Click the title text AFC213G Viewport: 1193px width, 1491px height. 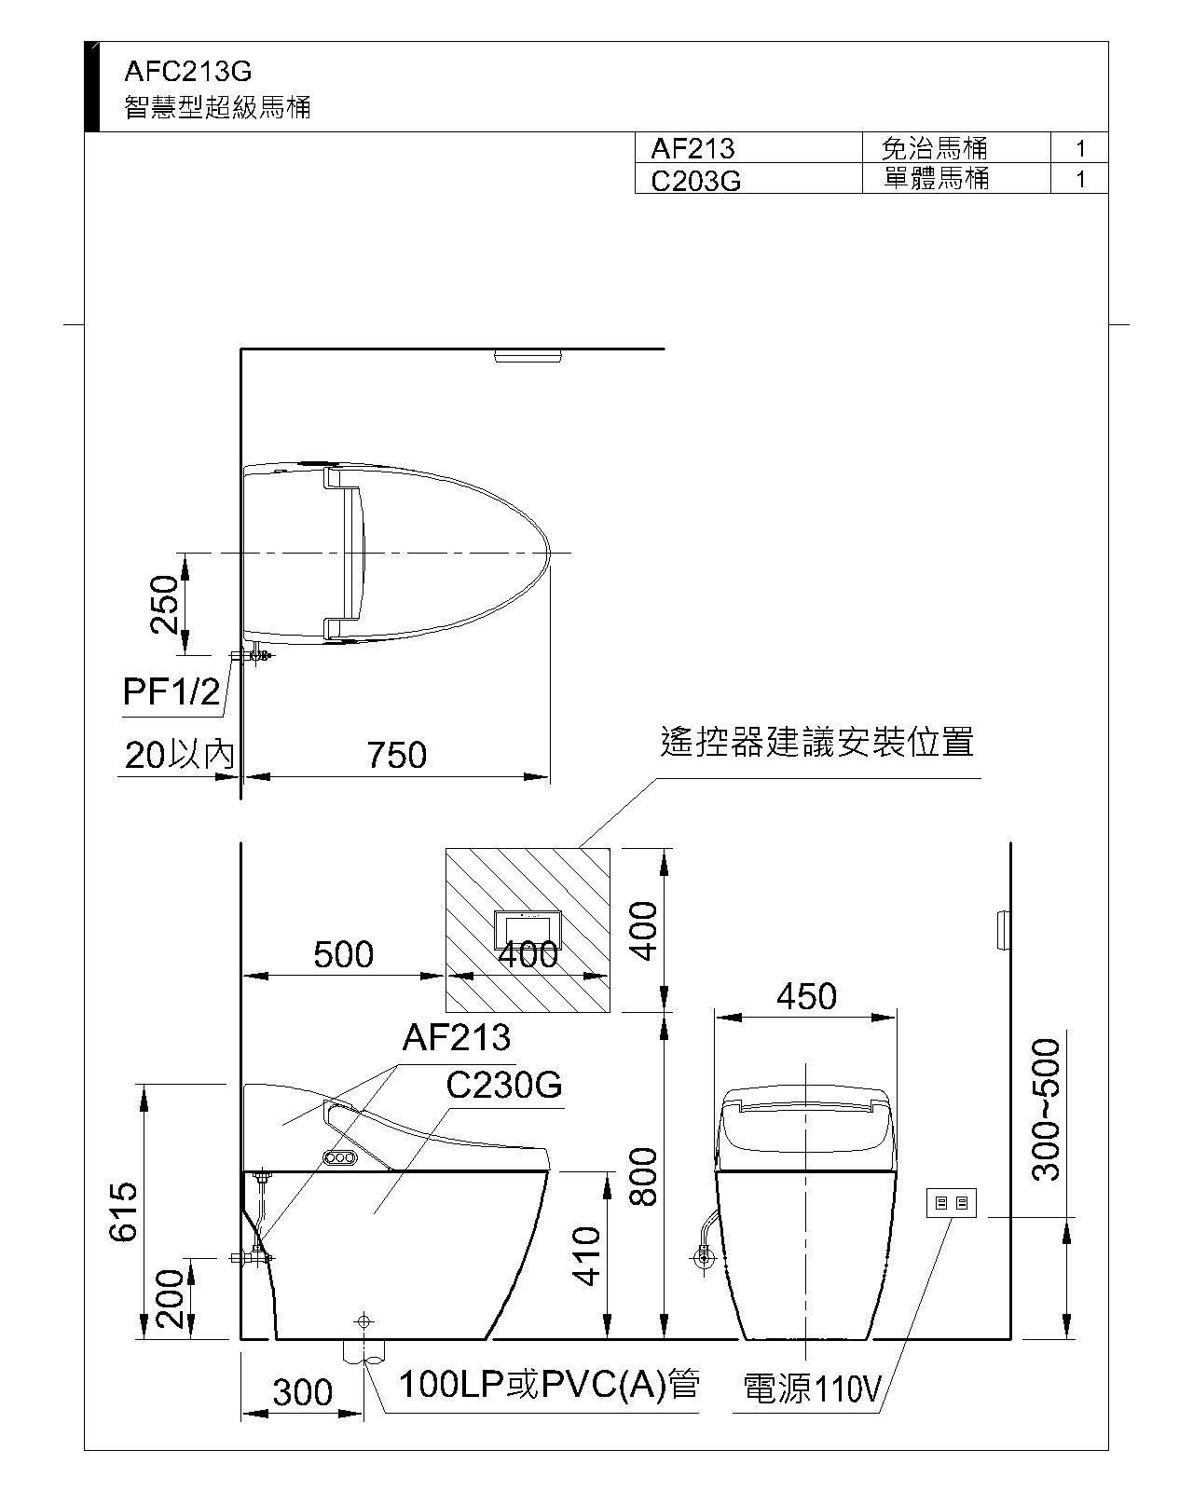pos(187,71)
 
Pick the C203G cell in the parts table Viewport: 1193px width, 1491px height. pos(696,181)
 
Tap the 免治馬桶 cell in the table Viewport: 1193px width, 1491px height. pos(934,147)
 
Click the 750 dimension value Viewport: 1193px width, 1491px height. pos(396,755)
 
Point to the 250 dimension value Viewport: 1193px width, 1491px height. pos(165,604)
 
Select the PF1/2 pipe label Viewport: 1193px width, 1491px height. pos(171,691)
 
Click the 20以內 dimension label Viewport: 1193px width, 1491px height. pos(180,755)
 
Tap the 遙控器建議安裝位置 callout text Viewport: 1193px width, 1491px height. pos(817,742)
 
